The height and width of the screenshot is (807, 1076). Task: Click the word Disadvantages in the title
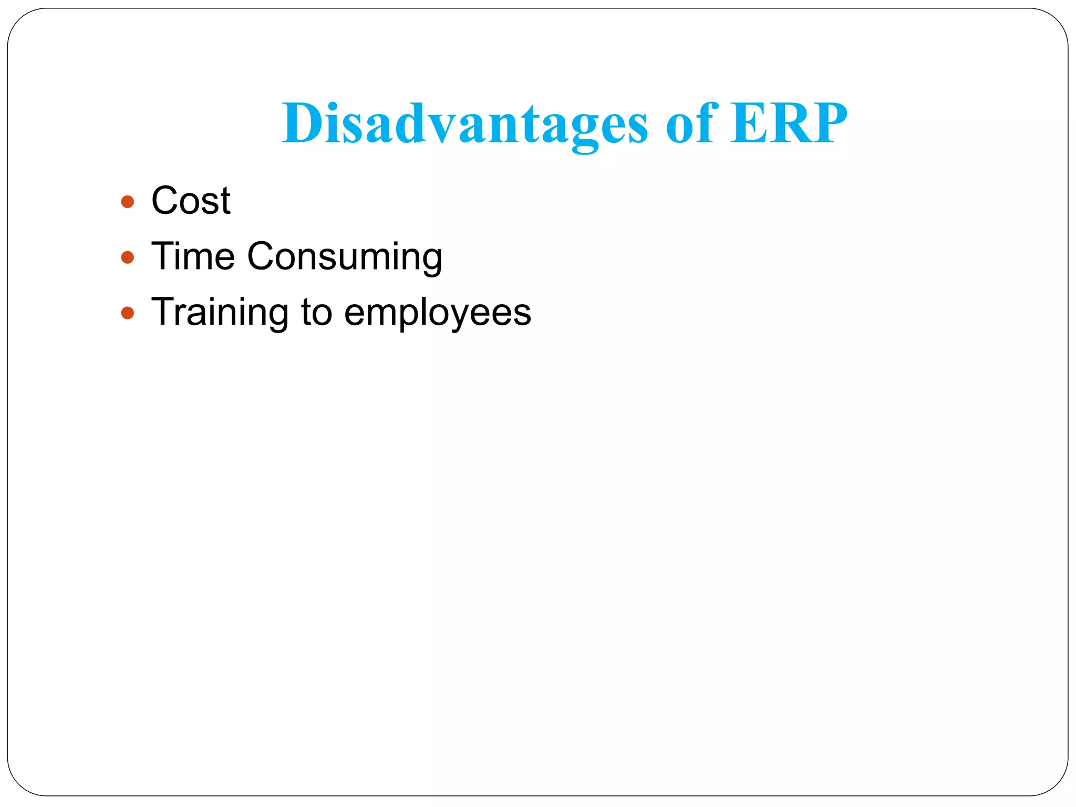(x=464, y=124)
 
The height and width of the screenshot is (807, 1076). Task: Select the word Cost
(x=191, y=201)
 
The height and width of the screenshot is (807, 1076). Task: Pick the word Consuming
(x=345, y=257)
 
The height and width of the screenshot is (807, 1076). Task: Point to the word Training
(x=220, y=313)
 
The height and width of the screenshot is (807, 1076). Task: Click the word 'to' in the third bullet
(x=317, y=313)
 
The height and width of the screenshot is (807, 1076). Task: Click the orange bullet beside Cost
(x=127, y=202)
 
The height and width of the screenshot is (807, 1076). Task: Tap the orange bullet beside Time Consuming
(x=127, y=257)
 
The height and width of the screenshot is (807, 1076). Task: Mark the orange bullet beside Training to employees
(x=127, y=313)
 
